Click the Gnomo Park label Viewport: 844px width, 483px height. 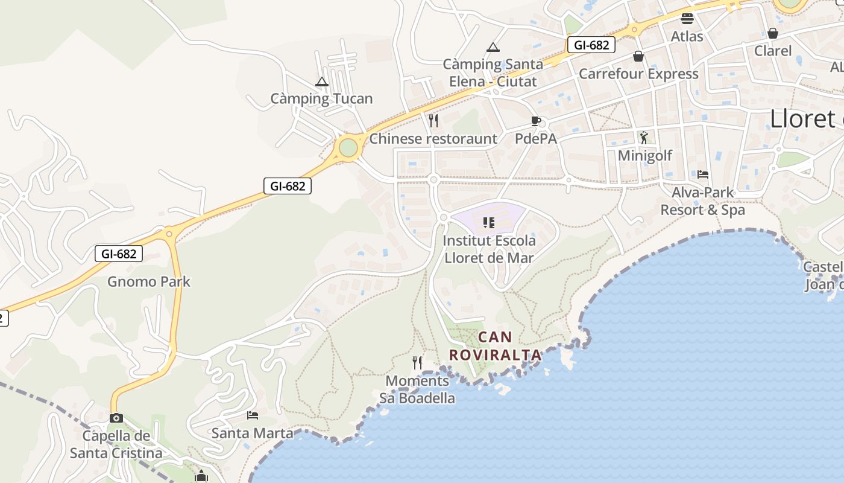click(149, 281)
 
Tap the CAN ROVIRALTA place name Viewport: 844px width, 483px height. click(495, 346)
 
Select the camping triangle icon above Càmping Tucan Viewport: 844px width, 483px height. click(322, 82)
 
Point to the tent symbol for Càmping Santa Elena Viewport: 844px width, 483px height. click(493, 47)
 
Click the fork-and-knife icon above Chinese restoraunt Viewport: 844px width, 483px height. click(433, 121)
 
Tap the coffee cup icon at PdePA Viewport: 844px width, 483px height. click(535, 121)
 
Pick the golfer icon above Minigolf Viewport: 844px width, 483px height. click(644, 138)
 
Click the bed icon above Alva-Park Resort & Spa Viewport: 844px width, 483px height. click(703, 174)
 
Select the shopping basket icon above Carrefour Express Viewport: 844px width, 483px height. click(638, 56)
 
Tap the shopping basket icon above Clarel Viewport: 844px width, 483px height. click(773, 33)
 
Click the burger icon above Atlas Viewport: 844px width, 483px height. click(687, 18)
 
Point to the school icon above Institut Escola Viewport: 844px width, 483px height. click(489, 223)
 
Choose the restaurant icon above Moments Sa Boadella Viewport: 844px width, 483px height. click(417, 363)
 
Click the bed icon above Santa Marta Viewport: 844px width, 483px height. click(253, 415)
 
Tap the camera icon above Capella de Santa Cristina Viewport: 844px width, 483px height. click(116, 418)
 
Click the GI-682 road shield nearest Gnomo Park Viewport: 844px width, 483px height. click(119, 254)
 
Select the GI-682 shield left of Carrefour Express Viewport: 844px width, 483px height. click(591, 45)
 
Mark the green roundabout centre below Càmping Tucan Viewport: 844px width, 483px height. click(348, 147)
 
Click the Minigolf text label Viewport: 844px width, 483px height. click(645, 156)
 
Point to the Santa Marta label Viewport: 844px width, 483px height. click(252, 433)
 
